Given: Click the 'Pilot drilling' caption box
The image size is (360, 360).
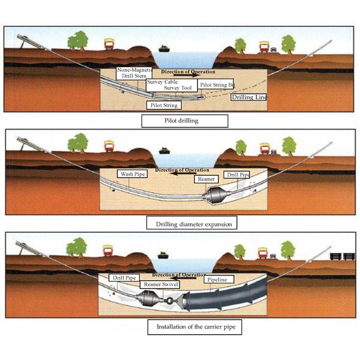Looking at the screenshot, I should (x=185, y=120).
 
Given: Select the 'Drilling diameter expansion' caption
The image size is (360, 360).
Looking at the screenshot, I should (x=189, y=224).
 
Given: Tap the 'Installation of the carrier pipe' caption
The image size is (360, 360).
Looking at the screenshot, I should (x=195, y=326).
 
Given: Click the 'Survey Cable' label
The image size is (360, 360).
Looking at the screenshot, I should (x=162, y=82).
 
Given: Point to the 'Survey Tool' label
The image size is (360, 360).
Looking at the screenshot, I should (x=179, y=88).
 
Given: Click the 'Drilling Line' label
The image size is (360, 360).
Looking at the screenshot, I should (x=249, y=97).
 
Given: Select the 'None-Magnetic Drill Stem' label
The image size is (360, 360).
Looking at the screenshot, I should (x=134, y=73).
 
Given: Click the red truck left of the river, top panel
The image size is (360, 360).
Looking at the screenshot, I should (x=110, y=44).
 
